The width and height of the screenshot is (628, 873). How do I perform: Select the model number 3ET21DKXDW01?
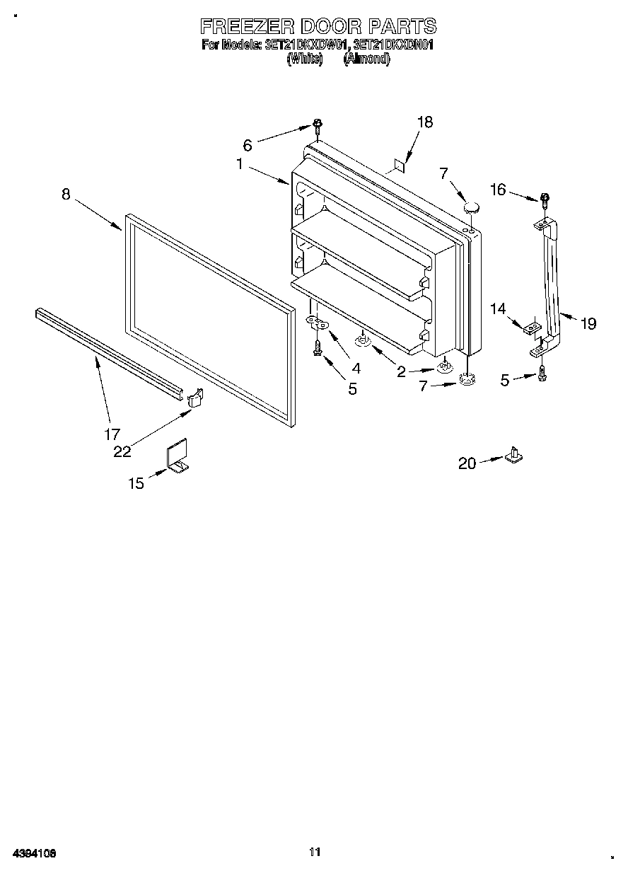point(307,46)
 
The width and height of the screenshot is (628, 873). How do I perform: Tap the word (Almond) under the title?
point(366,59)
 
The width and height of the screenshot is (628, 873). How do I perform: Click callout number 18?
point(424,122)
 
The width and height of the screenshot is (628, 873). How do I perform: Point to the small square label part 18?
point(397,166)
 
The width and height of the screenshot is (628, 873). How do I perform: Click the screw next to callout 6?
point(318,128)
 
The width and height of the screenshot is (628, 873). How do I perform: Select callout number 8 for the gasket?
point(66,194)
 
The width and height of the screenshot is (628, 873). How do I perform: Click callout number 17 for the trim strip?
point(112,434)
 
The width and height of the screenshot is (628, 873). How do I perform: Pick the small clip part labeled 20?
point(514,454)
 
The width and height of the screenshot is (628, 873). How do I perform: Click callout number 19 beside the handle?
point(588,324)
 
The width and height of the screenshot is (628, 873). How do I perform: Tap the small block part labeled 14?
point(532,328)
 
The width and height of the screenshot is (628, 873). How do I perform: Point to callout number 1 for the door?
point(240,164)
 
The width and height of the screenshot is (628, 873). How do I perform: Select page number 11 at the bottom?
point(315,852)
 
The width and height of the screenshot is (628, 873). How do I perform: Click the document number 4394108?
point(33,853)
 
